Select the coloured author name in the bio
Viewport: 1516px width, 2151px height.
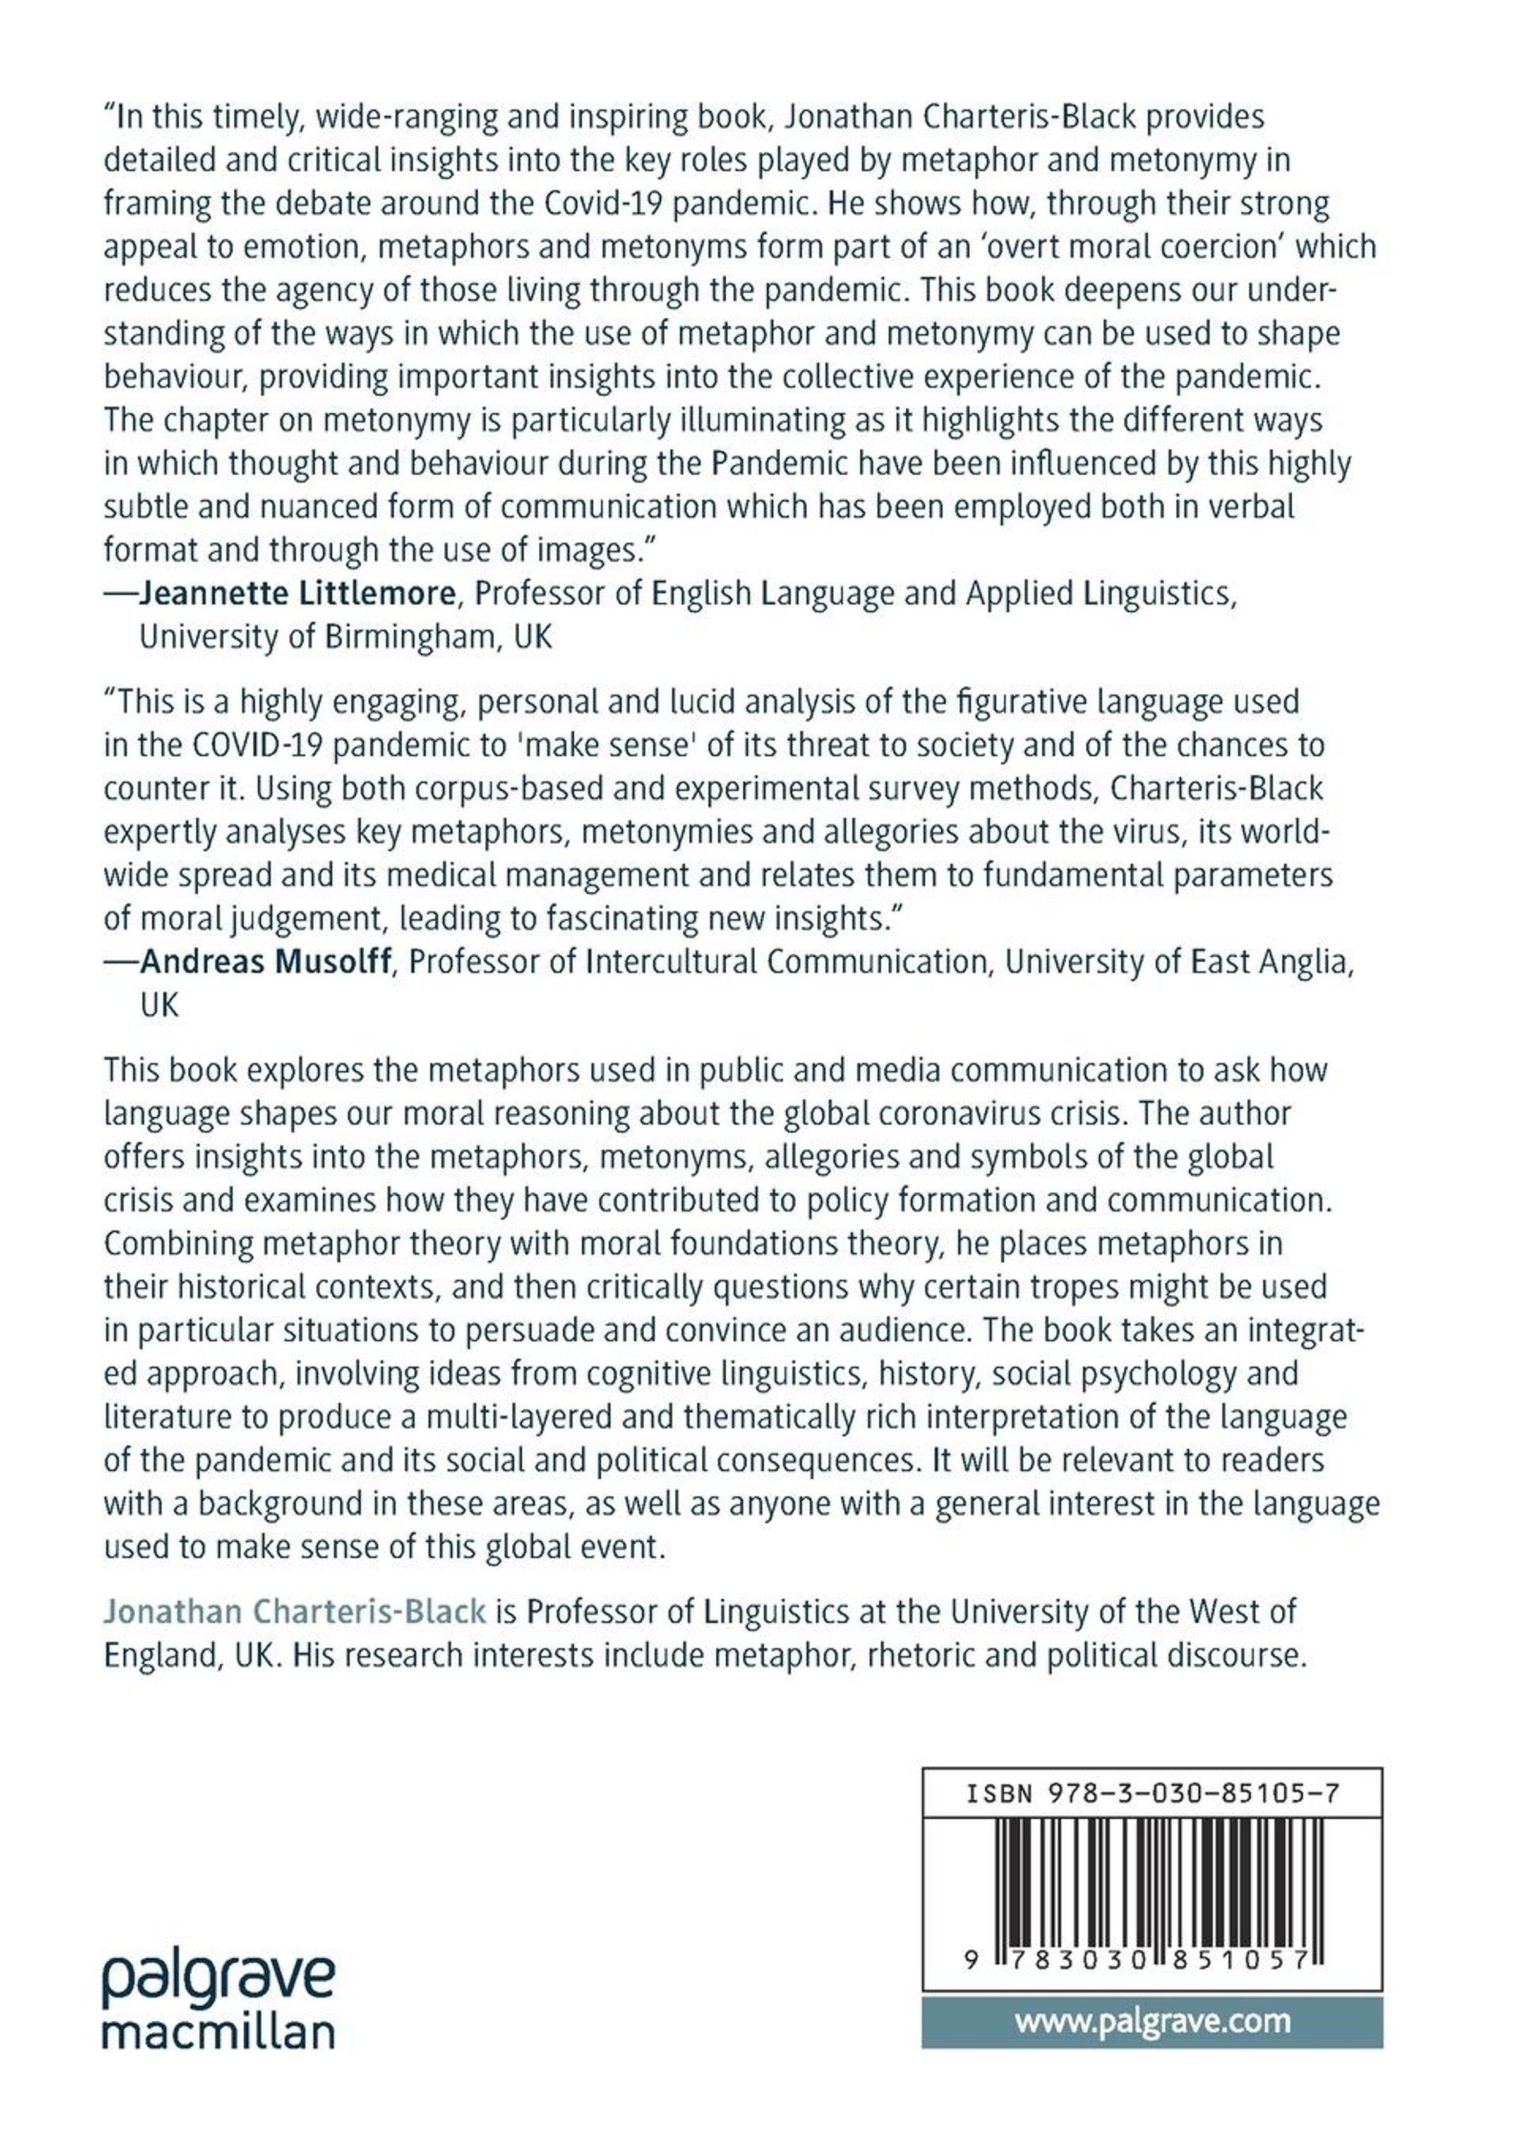295,1611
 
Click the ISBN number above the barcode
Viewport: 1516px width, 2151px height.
1152,1793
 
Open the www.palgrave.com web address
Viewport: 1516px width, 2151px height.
1152,2021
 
